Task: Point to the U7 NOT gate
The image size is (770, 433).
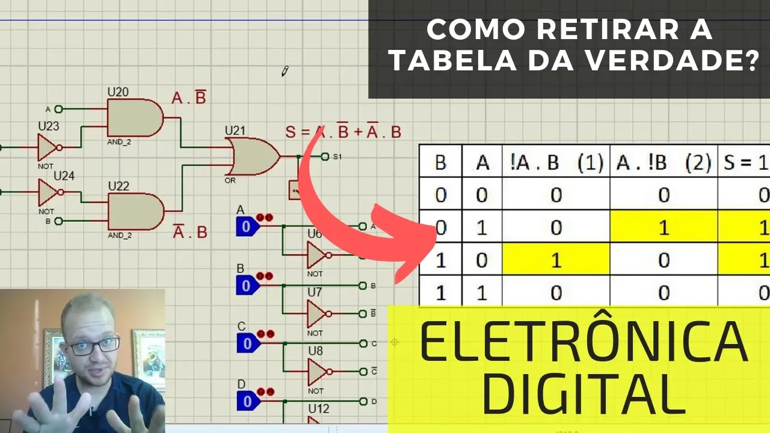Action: (316, 313)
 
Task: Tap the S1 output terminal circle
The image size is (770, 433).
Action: (325, 157)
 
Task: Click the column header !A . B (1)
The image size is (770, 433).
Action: (556, 162)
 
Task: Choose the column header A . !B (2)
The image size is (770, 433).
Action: (664, 162)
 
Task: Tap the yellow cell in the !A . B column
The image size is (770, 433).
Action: (556, 260)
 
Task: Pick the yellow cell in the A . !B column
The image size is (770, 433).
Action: (664, 227)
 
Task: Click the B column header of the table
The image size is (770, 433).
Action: (440, 162)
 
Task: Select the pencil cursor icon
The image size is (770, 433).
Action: (285, 72)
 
